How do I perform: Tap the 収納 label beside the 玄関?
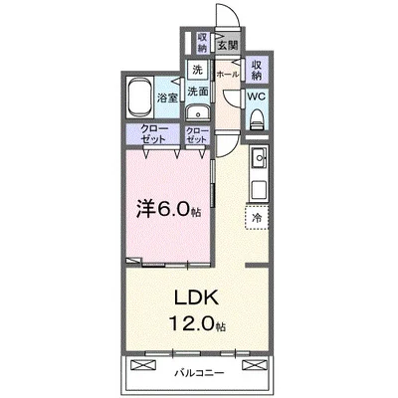(x=202, y=44)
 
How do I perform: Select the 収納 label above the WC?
(x=256, y=69)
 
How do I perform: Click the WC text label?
(x=255, y=97)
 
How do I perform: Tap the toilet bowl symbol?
(x=256, y=118)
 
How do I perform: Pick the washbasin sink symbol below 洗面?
(x=198, y=110)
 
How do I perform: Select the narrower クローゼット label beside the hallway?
(x=196, y=136)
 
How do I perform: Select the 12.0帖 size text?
(x=197, y=324)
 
